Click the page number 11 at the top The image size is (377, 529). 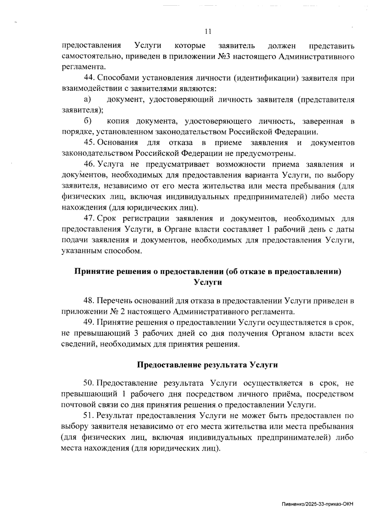click(208, 31)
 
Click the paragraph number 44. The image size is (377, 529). click(89, 78)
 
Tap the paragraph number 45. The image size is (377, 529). click(89, 143)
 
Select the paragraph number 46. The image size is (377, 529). click(89, 165)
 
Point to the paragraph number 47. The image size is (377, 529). click(89, 219)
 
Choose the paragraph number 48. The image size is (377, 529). click(89, 301)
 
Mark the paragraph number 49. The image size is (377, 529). click(89, 322)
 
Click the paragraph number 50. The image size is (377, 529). click(89, 383)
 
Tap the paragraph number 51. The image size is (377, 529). click(89, 416)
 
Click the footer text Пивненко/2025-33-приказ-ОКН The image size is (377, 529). click(317, 505)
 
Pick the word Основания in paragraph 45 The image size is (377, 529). click(117, 143)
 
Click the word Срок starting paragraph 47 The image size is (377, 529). click(107, 219)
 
